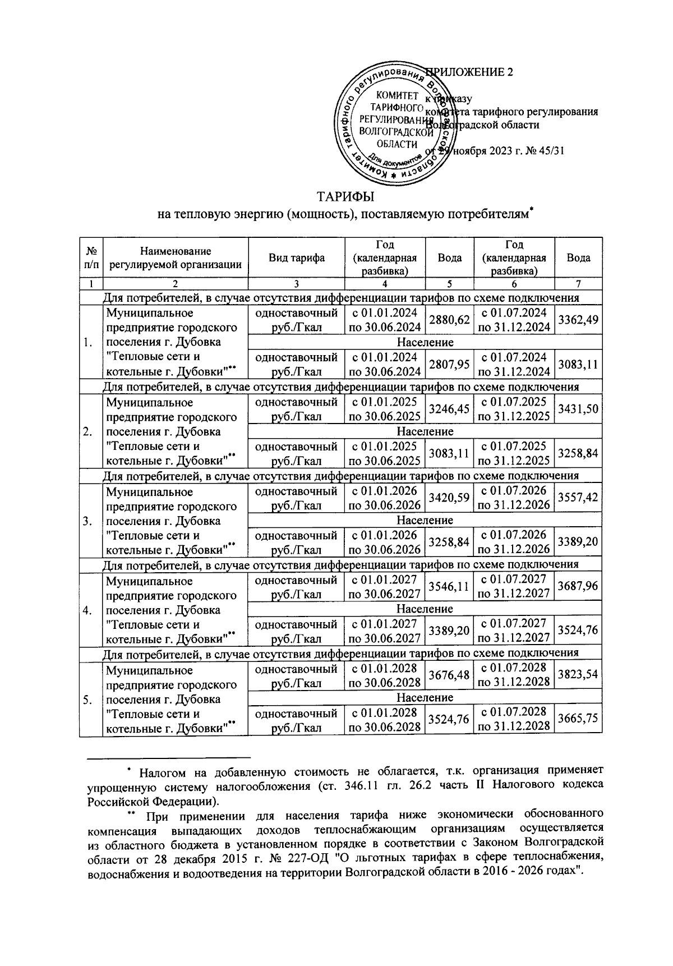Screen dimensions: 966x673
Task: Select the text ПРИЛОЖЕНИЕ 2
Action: point(470,72)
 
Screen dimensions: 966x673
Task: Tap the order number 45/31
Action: point(551,151)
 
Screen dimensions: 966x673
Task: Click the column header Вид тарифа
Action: point(296,258)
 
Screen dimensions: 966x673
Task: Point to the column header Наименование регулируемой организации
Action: point(176,258)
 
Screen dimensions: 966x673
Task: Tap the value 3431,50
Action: point(578,410)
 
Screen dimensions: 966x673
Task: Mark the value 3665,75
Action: point(578,720)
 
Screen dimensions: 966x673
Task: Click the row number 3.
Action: point(87,521)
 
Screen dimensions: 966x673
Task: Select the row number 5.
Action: point(87,699)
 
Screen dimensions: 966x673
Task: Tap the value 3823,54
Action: point(578,676)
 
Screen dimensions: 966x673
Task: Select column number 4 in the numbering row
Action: point(385,284)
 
